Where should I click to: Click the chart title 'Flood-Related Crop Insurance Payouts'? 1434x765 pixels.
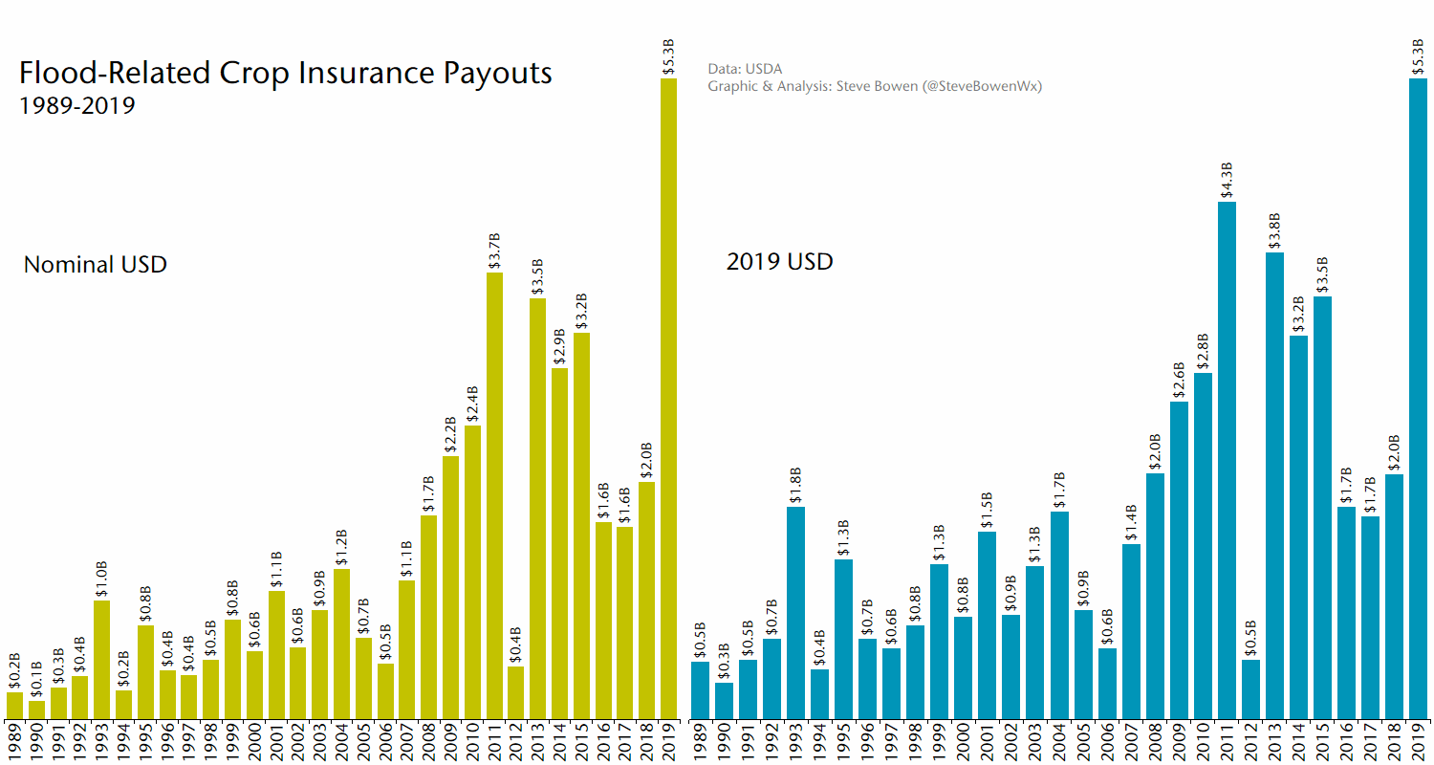pos(285,74)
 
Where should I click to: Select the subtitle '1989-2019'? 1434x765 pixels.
pos(76,105)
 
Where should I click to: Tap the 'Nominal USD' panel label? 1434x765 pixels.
pos(95,264)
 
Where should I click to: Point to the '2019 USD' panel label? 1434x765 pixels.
pos(779,261)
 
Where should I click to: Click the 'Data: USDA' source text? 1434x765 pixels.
pos(745,69)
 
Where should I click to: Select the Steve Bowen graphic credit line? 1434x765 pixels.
pos(874,86)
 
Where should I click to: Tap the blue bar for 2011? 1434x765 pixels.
pos(1227,459)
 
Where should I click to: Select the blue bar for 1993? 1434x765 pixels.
pos(795,612)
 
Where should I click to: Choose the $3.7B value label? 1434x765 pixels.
pos(494,251)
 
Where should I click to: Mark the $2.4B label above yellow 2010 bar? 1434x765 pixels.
pos(472,403)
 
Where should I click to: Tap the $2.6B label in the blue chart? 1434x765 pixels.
pos(1179,380)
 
